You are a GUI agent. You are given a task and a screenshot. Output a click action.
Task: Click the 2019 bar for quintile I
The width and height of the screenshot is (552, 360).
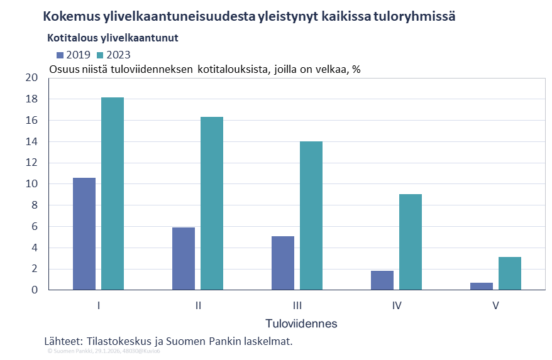(84, 234)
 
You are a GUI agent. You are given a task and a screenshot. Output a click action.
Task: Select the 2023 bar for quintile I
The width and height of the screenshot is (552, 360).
(113, 194)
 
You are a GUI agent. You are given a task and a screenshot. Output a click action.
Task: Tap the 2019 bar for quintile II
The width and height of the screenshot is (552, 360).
(184, 258)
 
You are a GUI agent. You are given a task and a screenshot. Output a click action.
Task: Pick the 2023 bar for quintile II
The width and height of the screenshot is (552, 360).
(212, 204)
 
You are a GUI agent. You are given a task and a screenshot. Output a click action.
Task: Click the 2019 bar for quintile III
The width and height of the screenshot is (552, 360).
(283, 263)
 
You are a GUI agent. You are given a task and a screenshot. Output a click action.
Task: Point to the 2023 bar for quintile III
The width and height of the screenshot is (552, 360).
(311, 215)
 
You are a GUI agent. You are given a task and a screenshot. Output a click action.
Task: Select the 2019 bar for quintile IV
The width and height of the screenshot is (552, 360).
(382, 280)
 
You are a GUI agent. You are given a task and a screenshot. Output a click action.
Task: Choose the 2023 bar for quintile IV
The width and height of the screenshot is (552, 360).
(411, 242)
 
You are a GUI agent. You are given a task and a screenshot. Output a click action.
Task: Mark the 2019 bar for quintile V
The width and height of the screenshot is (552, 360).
(482, 286)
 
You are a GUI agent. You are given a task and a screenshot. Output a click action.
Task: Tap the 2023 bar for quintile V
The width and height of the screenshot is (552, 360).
(510, 273)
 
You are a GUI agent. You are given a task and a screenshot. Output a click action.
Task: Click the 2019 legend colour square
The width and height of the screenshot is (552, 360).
(60, 55)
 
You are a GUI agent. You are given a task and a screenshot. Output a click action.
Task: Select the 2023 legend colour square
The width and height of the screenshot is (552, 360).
(100, 55)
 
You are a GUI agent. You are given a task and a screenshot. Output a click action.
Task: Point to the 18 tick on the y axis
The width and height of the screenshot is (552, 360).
(32, 99)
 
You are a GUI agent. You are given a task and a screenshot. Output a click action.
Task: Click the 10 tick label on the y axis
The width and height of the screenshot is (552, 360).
(32, 184)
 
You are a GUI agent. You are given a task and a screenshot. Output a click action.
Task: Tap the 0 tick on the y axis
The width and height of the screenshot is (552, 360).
(35, 290)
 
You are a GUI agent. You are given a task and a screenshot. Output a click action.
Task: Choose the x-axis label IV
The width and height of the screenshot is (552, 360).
(396, 306)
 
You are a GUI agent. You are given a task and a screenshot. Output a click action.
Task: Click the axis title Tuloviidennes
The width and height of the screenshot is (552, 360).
(301, 324)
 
